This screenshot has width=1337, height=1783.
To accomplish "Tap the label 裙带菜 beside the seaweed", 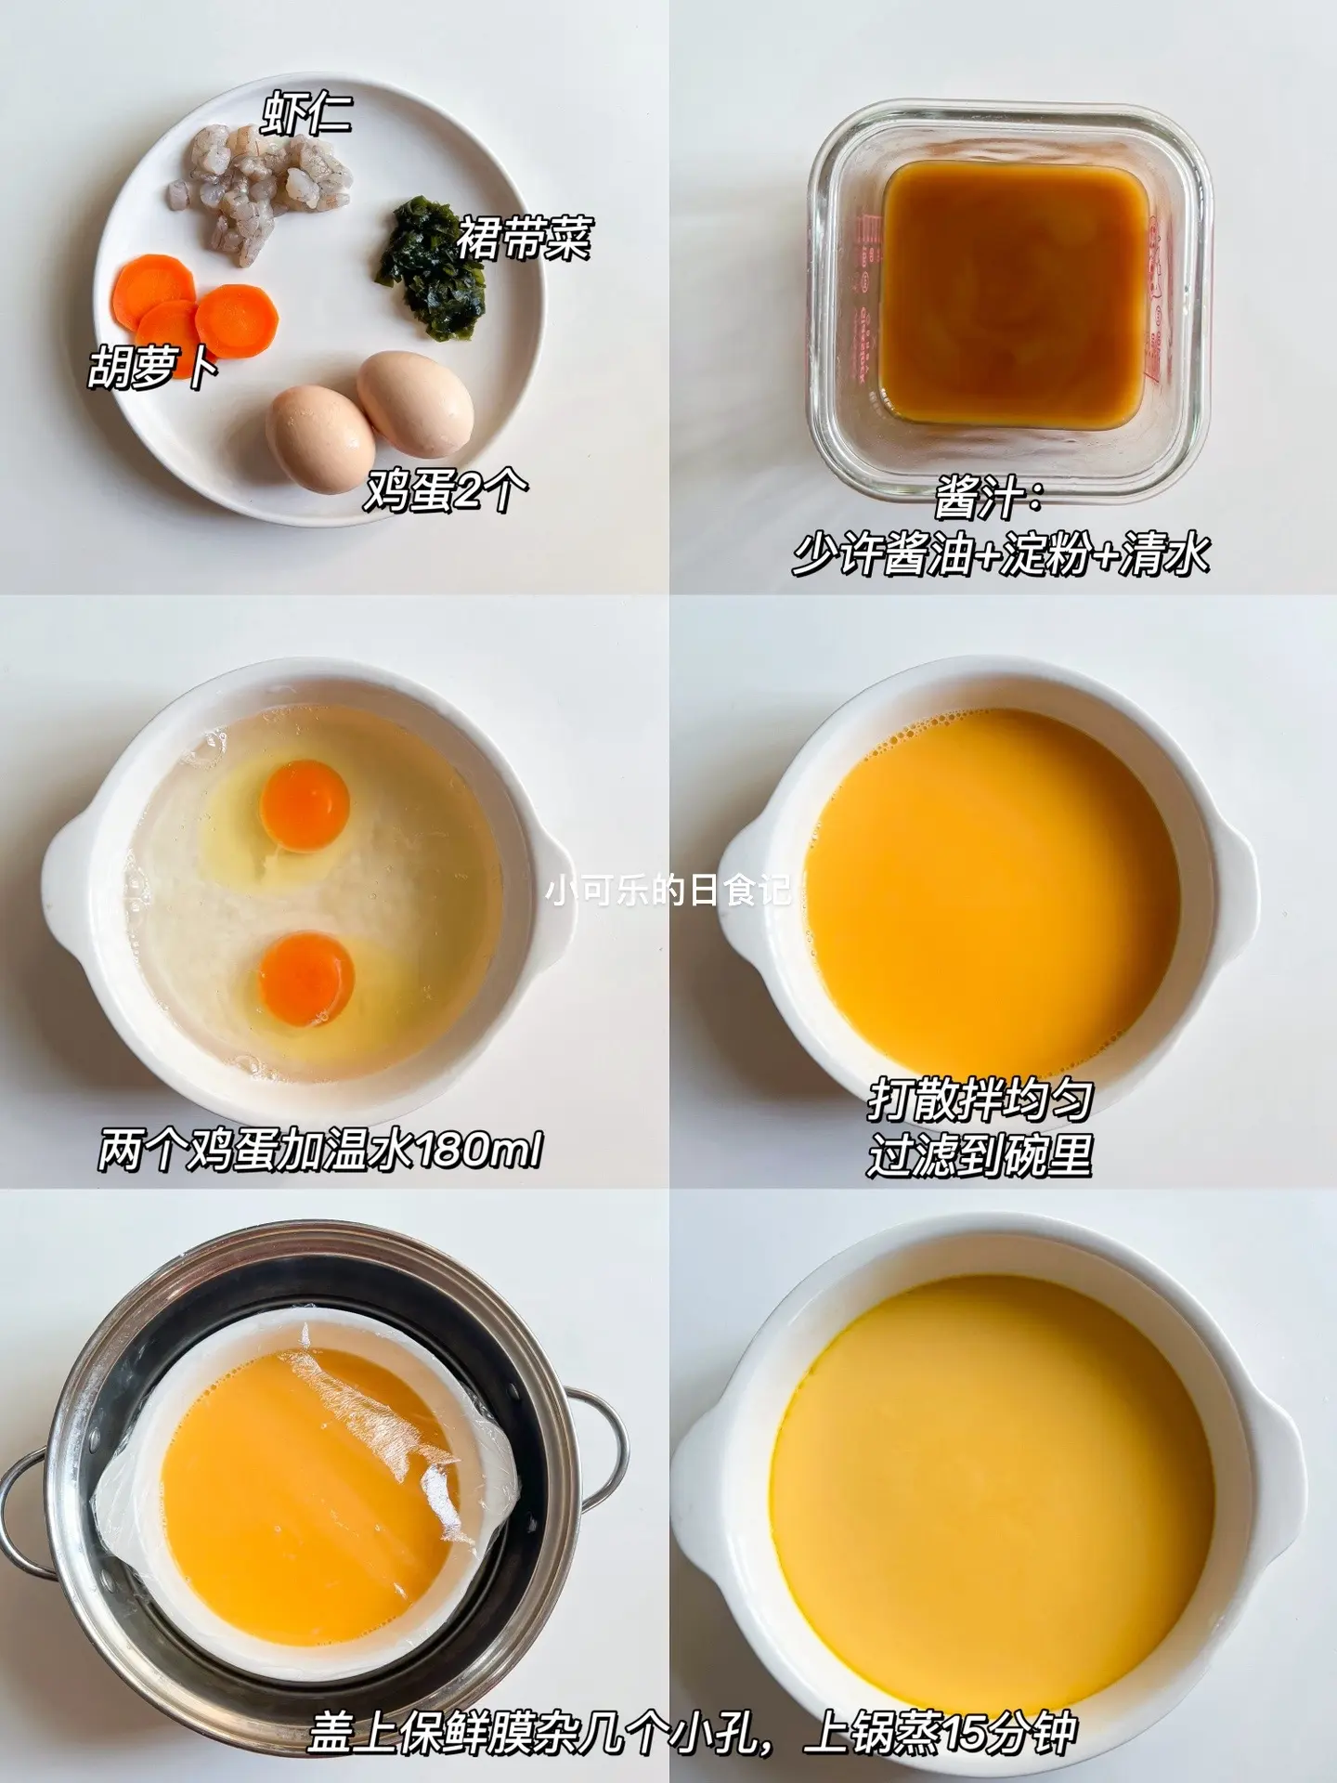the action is tap(523, 238).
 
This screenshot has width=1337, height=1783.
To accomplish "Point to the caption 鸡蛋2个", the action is tap(446, 491).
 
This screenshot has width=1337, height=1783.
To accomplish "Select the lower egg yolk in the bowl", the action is tap(307, 979).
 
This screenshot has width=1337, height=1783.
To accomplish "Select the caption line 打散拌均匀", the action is tap(980, 1100).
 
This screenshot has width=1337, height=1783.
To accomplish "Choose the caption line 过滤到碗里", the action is tap(980, 1155).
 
